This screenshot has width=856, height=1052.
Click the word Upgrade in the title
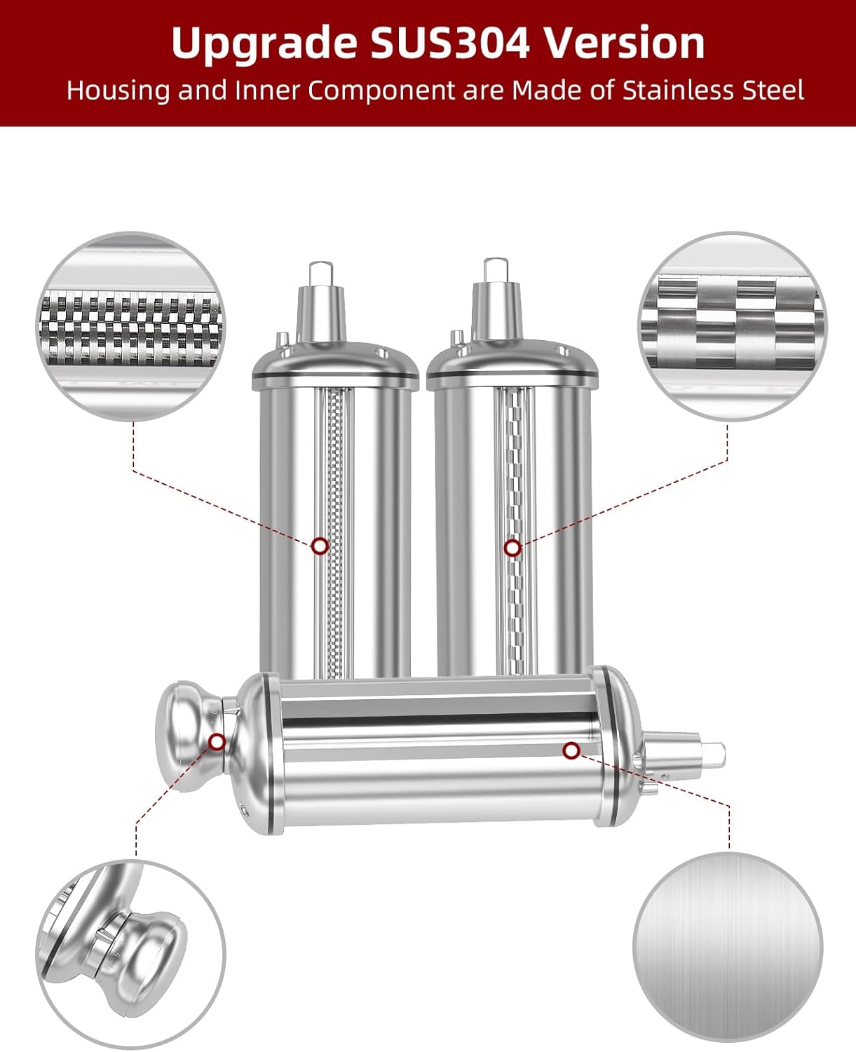click(264, 43)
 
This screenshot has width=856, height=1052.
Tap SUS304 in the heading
click(449, 43)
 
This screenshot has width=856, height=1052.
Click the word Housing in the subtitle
click(118, 91)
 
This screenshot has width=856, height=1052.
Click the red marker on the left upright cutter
click(320, 546)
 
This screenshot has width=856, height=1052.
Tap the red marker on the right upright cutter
click(512, 548)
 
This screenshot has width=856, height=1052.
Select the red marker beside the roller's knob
click(217, 741)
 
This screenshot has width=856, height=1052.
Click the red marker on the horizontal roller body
click(571, 751)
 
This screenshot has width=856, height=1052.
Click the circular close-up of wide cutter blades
click(732, 327)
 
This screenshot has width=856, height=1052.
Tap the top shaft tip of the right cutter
click(494, 268)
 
